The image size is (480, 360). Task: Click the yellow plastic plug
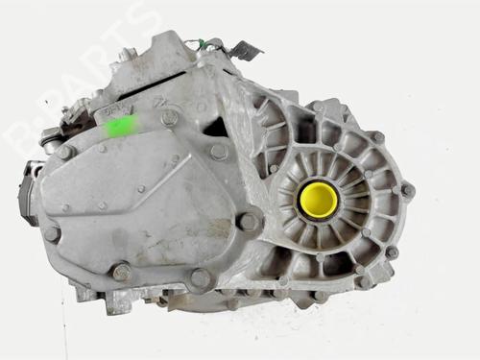[x=318, y=200]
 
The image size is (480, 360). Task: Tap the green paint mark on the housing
[x=120, y=125]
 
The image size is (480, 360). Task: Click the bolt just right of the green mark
[x=169, y=118]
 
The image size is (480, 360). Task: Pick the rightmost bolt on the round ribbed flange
[x=407, y=190]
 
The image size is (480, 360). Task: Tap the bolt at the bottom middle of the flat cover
[x=200, y=278]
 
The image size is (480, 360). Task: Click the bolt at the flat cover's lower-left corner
[x=122, y=272]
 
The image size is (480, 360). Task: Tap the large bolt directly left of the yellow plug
[x=249, y=222]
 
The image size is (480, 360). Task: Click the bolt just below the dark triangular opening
[x=219, y=152]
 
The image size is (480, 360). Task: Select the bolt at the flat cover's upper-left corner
[x=64, y=152]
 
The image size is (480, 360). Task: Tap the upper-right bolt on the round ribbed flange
[x=378, y=137]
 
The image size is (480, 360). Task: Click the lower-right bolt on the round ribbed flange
[x=391, y=252]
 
